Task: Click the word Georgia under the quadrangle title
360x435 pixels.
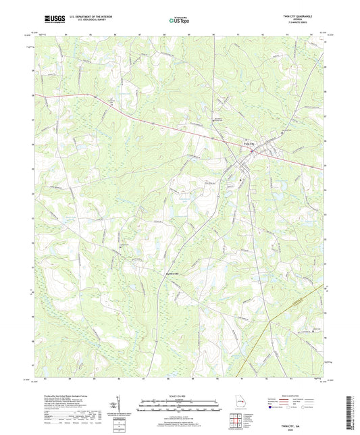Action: pos(307,21)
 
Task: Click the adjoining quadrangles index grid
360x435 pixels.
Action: pos(236,419)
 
